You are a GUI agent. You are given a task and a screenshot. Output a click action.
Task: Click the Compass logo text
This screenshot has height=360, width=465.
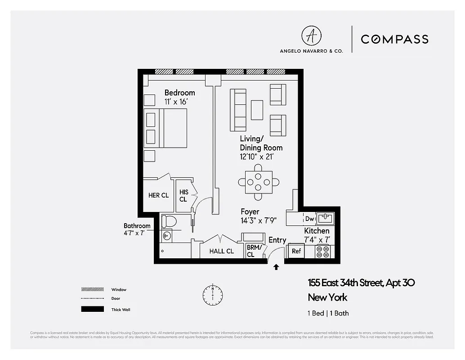point(394,40)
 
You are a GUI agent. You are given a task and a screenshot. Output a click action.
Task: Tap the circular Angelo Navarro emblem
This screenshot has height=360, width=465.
point(311,36)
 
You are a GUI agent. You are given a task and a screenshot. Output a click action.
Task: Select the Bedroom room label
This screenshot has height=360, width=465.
point(179,93)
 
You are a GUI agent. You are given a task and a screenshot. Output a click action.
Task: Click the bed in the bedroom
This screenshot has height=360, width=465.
point(165,128)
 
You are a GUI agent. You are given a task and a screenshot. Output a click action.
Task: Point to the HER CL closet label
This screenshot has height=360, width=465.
point(158,195)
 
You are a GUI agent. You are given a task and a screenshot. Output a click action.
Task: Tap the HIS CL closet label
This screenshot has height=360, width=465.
point(183,195)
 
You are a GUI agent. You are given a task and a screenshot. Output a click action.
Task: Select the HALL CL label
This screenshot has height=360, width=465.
point(221,251)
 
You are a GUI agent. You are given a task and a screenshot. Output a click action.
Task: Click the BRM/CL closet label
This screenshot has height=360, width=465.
point(250,251)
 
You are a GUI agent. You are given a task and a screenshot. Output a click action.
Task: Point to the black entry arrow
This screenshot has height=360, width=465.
point(276,267)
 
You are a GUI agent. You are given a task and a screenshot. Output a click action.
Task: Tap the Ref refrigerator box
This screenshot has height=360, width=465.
point(296,251)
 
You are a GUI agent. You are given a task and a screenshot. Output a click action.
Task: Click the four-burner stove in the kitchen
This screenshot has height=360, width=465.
point(322,252)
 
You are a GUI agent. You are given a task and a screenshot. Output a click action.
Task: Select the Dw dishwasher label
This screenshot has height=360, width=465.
point(309,219)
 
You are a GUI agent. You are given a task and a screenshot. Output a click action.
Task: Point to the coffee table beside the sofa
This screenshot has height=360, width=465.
point(257,110)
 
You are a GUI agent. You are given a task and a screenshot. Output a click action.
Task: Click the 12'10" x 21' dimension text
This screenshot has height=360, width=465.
point(256,157)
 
